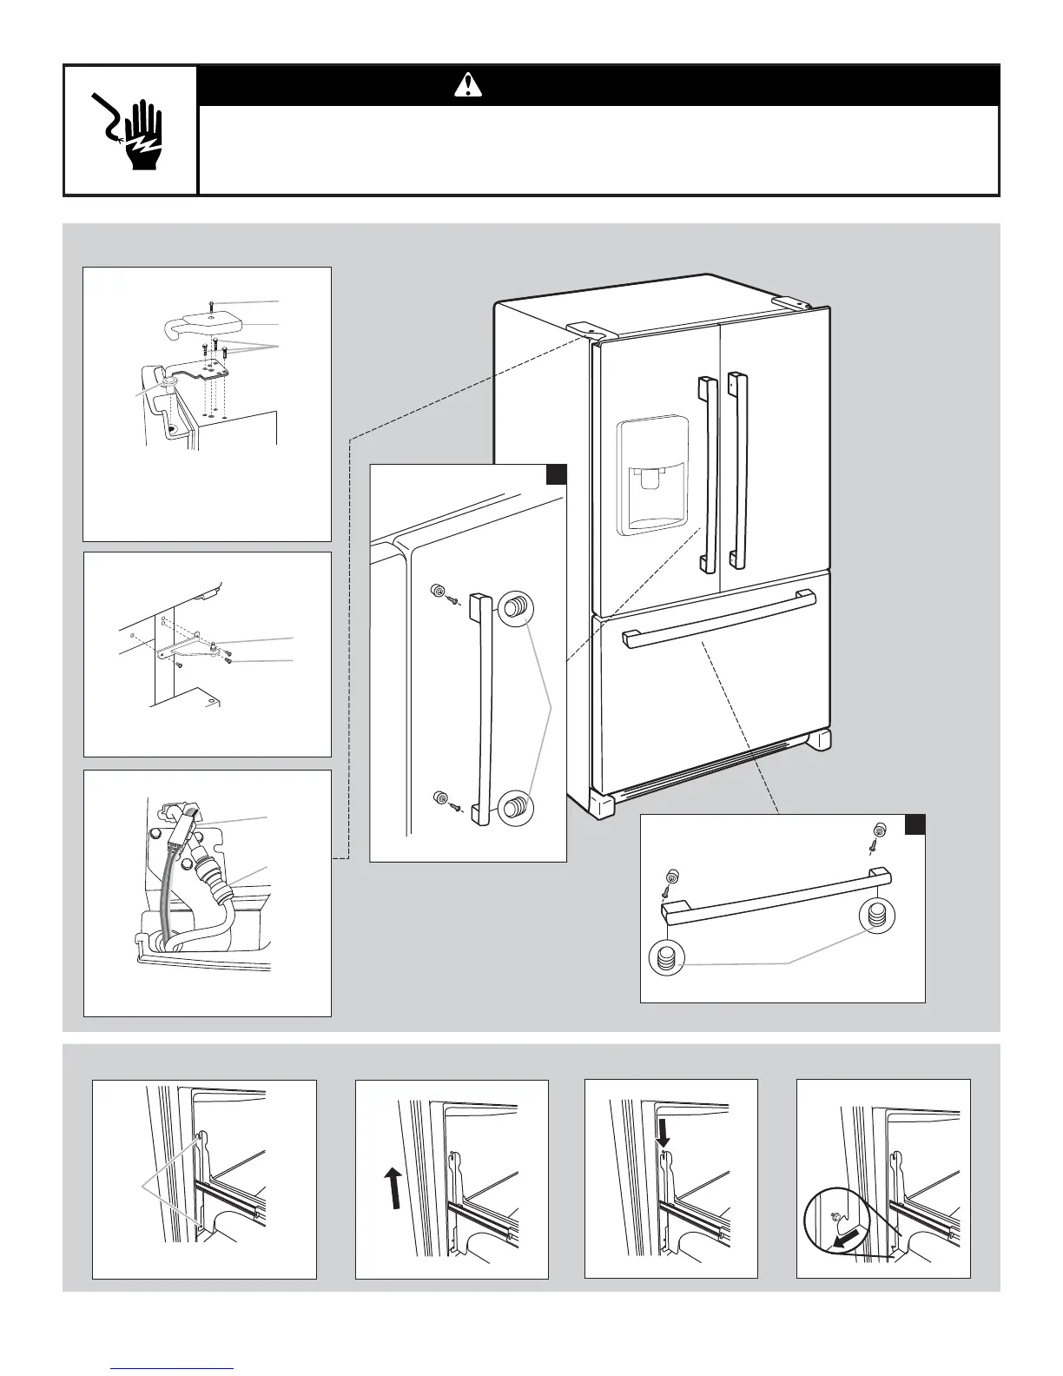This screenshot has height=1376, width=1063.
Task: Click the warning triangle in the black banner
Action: [x=469, y=84]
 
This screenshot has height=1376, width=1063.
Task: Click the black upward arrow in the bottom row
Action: [x=393, y=1187]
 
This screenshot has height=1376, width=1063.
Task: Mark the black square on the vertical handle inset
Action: [x=556, y=474]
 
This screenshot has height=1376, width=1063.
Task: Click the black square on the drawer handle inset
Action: [x=914, y=824]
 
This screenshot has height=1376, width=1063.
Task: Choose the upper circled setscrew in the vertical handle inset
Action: [x=515, y=607]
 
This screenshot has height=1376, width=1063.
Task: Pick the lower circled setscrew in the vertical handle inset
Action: [x=515, y=804]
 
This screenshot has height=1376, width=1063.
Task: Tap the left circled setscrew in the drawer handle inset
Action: [x=667, y=959]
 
